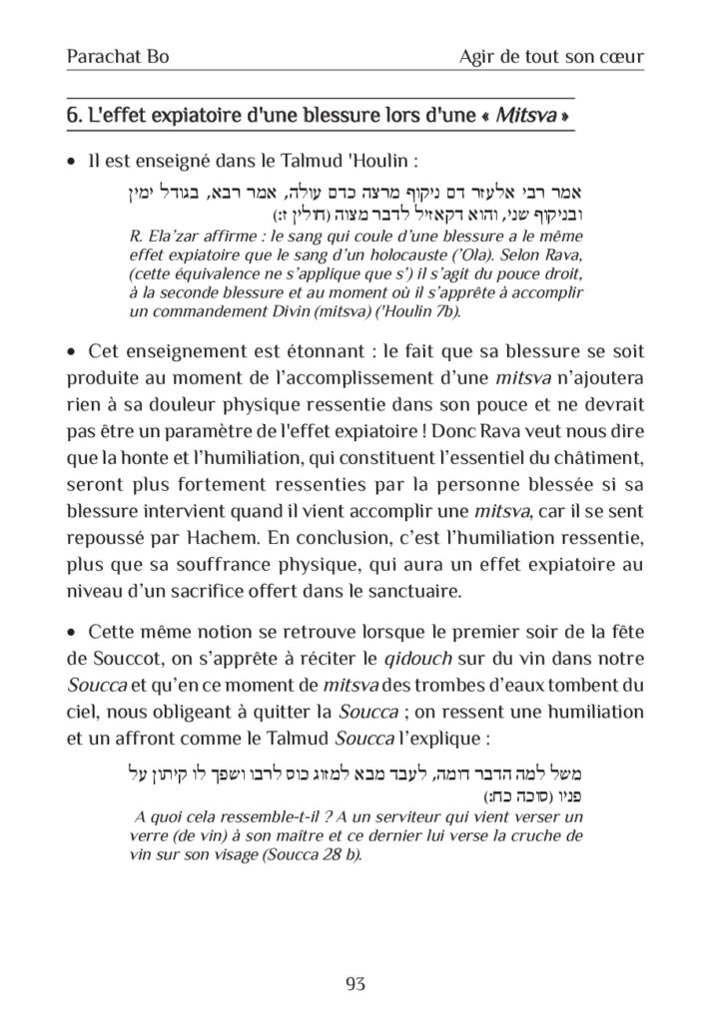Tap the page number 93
point(355,984)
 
